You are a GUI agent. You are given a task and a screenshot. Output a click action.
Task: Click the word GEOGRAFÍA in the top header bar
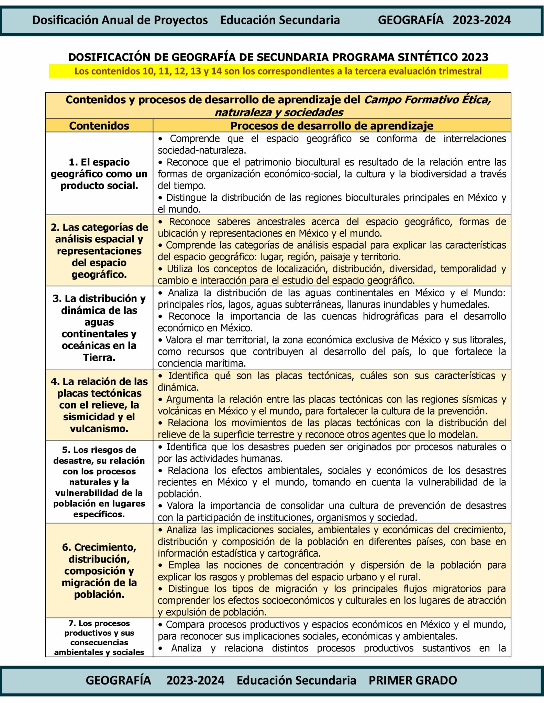410,20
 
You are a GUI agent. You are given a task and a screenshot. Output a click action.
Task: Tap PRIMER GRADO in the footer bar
412,680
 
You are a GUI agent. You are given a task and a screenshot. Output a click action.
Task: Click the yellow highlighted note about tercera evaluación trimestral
278,71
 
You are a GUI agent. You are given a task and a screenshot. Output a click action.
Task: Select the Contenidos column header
99,126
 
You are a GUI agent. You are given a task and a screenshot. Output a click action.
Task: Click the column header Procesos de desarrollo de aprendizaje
332,126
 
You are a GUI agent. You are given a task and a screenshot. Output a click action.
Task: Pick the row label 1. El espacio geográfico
99,174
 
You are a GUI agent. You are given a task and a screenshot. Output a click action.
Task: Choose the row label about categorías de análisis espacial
99,251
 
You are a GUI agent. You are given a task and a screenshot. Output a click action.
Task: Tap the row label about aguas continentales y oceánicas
99,328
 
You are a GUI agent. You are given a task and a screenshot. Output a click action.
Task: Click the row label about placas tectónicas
99,405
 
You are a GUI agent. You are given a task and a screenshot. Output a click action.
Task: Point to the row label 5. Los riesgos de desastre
99,482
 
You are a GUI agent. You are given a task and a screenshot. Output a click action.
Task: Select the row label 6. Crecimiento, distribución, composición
99,571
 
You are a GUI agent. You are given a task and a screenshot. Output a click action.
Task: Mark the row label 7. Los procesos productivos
99,637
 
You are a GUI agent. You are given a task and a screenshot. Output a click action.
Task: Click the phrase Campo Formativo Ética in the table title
427,100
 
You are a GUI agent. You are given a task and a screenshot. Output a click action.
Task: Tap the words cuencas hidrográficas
370,316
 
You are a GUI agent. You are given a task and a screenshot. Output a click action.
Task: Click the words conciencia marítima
201,363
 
